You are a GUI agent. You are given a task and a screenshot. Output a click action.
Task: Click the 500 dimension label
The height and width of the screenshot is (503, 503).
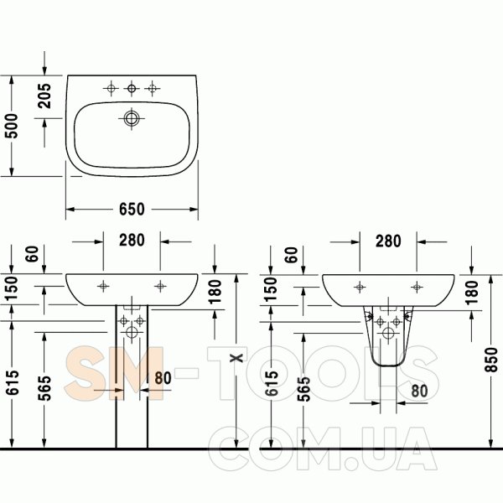point(12,126)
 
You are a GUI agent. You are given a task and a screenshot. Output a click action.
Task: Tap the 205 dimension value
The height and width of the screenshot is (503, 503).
point(44,96)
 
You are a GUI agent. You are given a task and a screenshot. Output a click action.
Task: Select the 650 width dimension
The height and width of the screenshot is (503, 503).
point(132,209)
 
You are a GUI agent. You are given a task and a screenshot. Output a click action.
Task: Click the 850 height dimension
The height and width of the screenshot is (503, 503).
point(490,360)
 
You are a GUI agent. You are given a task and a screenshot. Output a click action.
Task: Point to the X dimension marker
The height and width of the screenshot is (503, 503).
point(236,357)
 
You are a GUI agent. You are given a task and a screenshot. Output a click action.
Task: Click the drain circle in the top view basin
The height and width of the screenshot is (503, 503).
point(132,118)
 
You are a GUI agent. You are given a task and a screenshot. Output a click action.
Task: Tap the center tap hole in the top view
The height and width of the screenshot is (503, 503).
point(132,88)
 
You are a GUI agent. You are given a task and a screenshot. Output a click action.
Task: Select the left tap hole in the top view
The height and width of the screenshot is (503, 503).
point(111,88)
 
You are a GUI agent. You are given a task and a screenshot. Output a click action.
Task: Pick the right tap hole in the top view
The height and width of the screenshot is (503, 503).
point(152,88)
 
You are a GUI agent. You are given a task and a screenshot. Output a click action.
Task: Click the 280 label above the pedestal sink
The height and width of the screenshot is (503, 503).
point(132,240)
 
